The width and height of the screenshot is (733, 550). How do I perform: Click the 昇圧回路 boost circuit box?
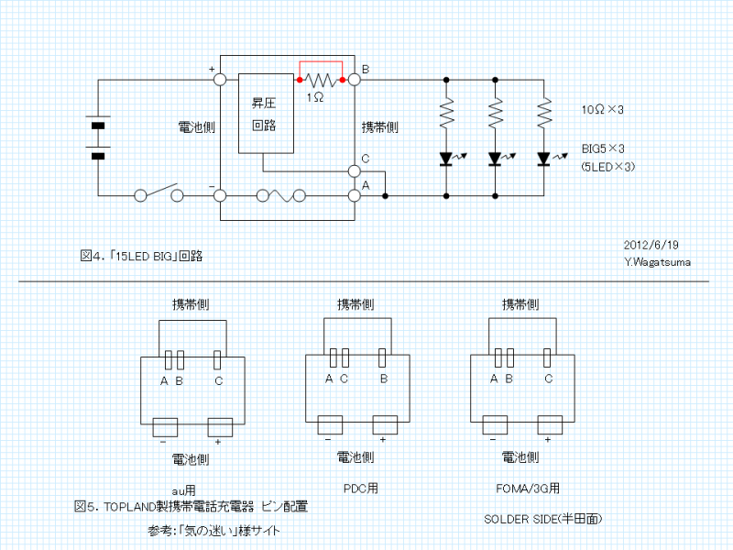tap(267, 113)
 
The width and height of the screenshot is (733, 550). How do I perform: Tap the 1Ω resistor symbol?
tap(321, 80)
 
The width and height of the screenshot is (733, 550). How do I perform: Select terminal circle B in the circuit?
tap(355, 80)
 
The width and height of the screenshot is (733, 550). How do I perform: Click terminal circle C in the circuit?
tap(355, 170)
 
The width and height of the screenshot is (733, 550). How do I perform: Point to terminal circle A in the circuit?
tap(355, 195)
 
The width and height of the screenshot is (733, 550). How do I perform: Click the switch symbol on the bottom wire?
tap(159, 194)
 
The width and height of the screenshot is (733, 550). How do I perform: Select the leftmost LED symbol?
tap(446, 159)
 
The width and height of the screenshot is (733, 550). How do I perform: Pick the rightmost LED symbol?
tap(544, 159)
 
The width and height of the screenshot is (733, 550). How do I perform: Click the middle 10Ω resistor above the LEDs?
tap(496, 114)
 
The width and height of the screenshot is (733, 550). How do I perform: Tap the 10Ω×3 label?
tap(603, 110)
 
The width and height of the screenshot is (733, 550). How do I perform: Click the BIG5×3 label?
tap(603, 148)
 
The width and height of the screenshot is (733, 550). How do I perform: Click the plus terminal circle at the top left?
tap(220, 80)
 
